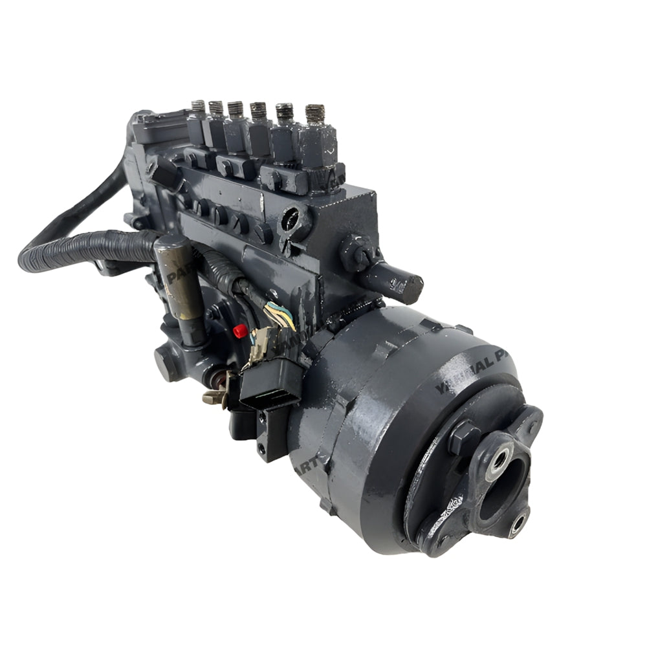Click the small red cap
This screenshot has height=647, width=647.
pos(240,331)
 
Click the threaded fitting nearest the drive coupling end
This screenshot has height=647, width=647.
pos(315,114)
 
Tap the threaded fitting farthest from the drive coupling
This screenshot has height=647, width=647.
pos(198,107)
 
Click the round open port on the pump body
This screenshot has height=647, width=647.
pos(294,221)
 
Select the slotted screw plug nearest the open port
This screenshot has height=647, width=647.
pos(264,232)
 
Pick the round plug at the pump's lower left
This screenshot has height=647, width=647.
pos(165,364)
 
